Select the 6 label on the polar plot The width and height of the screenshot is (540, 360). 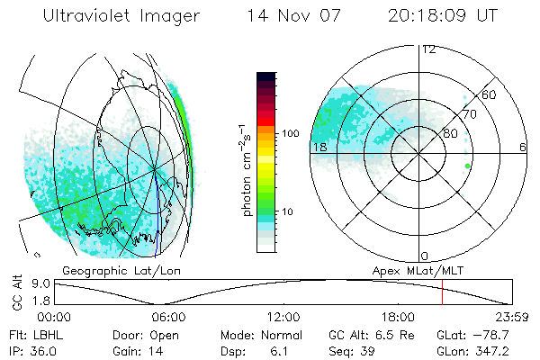(x=523, y=147)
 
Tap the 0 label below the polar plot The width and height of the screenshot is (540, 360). (x=425, y=256)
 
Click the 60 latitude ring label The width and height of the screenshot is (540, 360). (x=490, y=95)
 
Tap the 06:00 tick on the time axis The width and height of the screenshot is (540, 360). (x=168, y=317)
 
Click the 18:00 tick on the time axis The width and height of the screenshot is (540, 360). (x=398, y=317)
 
